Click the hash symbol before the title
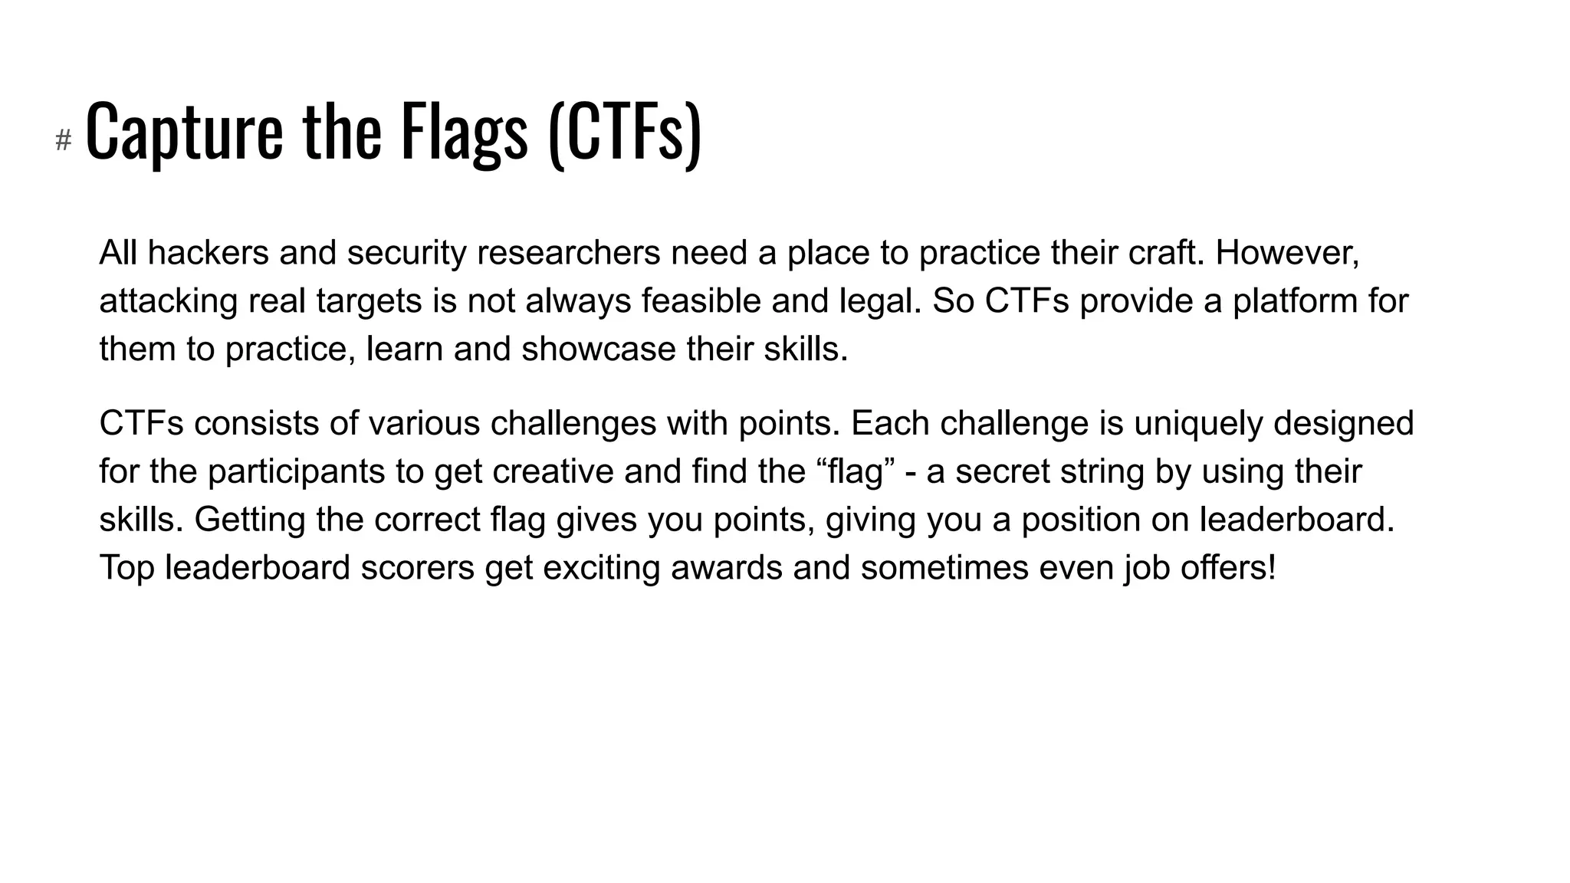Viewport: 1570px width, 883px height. (x=64, y=140)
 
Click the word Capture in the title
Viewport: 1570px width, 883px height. (x=184, y=132)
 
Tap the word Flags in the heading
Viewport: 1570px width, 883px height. (x=465, y=132)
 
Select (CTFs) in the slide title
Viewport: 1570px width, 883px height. (x=625, y=132)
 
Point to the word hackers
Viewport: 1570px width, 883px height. (x=208, y=253)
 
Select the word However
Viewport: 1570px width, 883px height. (x=1286, y=253)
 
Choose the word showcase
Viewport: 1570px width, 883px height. (x=599, y=350)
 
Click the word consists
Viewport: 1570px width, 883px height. (x=274, y=423)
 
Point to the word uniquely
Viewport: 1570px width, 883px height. (x=1197, y=423)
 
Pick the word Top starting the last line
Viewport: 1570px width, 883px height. (x=126, y=568)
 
